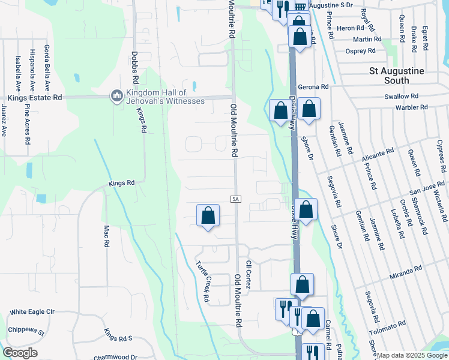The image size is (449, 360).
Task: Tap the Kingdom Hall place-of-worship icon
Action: pos(116,96)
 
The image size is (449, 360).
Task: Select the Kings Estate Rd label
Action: pos(34,97)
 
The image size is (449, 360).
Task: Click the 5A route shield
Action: pos(236,199)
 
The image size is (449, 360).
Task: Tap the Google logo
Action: pos(20,353)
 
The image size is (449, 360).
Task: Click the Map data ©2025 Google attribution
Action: pos(412,355)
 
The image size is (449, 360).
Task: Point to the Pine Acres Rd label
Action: pos(28,123)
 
